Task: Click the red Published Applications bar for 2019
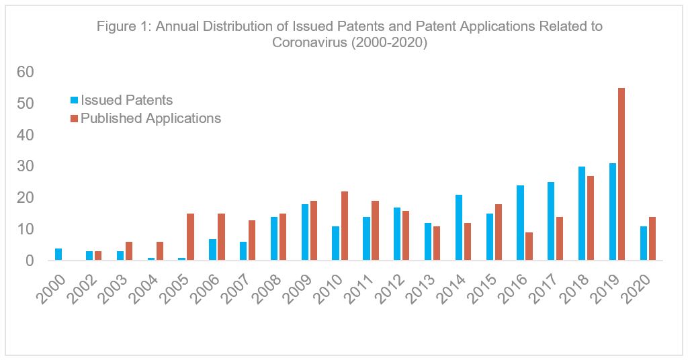pos(621,174)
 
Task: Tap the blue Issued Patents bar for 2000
pos(58,254)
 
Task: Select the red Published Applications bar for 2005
pos(191,236)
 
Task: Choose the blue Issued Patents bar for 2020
pos(643,243)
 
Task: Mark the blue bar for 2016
pos(520,222)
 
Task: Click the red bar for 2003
pos(129,251)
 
